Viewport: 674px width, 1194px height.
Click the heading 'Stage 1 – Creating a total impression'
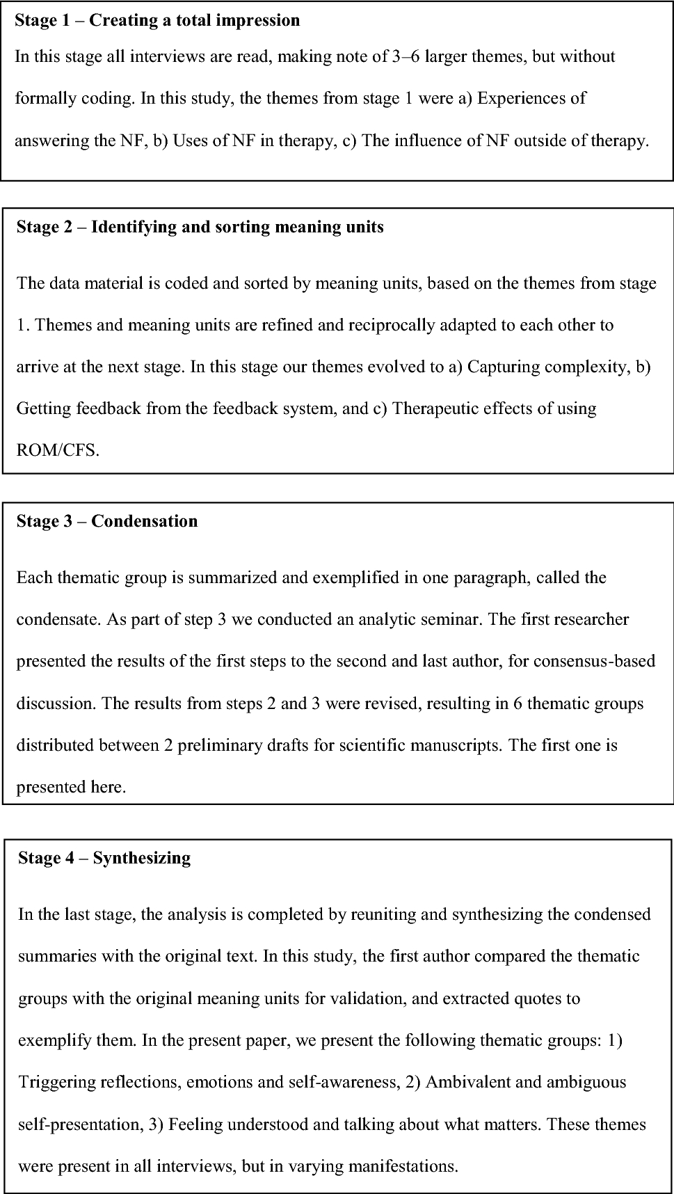pos(157,20)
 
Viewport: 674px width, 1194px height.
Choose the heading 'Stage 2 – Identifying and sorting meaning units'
pos(200,227)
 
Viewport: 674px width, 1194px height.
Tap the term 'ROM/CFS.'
pos(58,449)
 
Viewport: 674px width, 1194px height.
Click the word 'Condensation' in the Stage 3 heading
pos(145,521)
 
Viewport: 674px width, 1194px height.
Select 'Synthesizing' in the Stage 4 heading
pos(142,858)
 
